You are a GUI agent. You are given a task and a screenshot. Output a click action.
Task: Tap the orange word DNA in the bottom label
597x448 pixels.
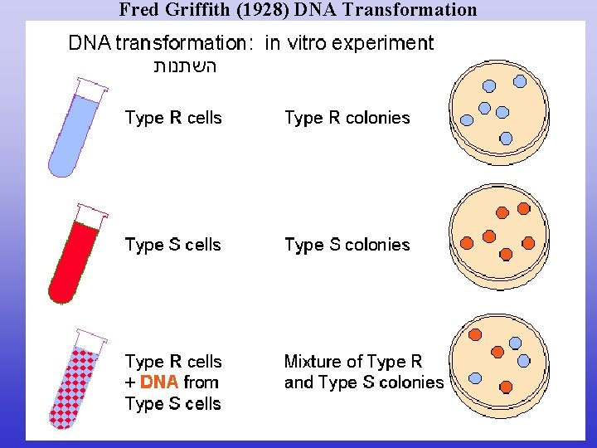coord(160,382)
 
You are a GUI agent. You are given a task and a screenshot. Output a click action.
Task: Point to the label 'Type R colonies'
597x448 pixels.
coord(347,118)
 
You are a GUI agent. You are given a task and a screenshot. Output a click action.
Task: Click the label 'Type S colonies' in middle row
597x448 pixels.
coord(347,245)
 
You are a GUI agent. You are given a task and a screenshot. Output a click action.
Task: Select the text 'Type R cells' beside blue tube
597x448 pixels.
coord(173,118)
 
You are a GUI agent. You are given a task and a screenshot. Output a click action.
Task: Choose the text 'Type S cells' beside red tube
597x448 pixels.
coord(172,245)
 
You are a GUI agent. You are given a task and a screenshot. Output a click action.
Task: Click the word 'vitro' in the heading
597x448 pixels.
coord(311,43)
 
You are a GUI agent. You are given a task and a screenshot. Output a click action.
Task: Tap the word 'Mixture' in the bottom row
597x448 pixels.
coord(313,362)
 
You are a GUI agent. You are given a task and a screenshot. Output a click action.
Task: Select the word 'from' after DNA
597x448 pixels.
coord(201,382)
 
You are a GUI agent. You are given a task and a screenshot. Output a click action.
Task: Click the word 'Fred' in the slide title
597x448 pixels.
coord(138,10)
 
